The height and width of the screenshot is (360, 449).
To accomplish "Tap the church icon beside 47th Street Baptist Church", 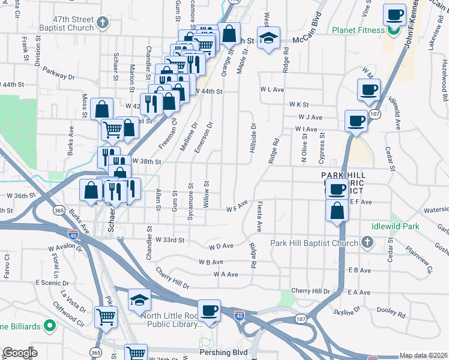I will click(103, 23).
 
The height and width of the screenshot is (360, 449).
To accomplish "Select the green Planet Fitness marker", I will click(394, 31).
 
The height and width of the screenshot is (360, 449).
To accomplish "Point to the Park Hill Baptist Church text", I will click(314, 242).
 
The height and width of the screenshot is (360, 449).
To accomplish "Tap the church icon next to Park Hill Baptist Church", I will click(367, 242).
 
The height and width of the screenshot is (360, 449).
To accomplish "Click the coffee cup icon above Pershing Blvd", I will click(209, 311).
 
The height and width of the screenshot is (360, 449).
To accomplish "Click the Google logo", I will click(20, 353).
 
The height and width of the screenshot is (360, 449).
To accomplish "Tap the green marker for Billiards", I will click(50, 326).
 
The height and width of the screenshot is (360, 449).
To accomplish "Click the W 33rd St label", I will click(169, 240).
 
